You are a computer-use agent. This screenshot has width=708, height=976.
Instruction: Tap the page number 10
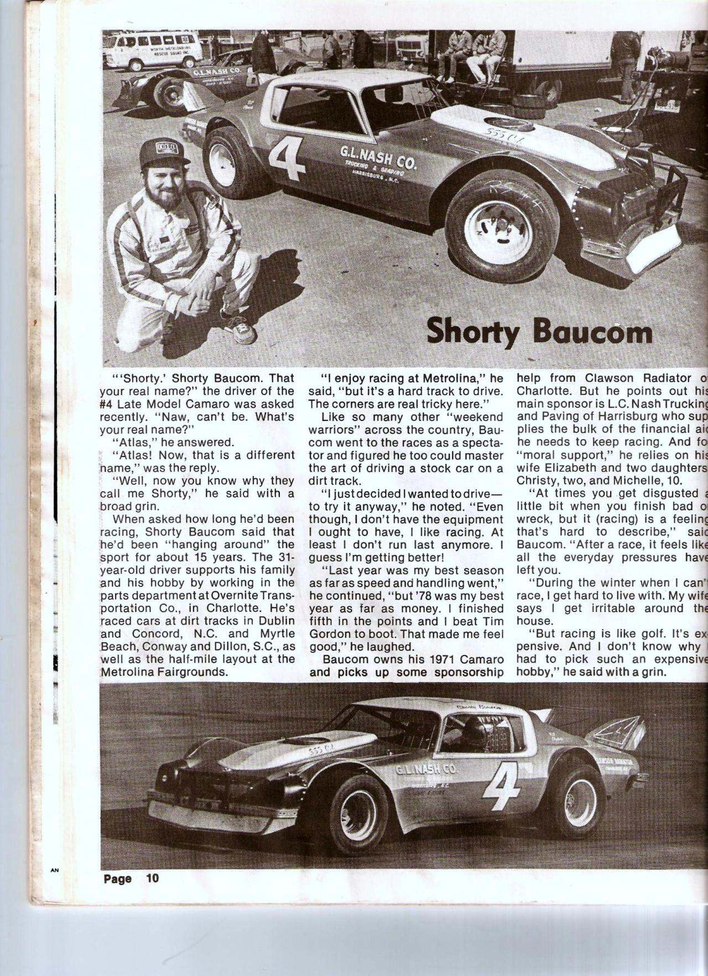152,878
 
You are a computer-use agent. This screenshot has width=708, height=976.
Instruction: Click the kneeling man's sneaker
243,330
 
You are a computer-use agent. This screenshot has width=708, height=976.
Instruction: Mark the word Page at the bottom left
118,879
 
